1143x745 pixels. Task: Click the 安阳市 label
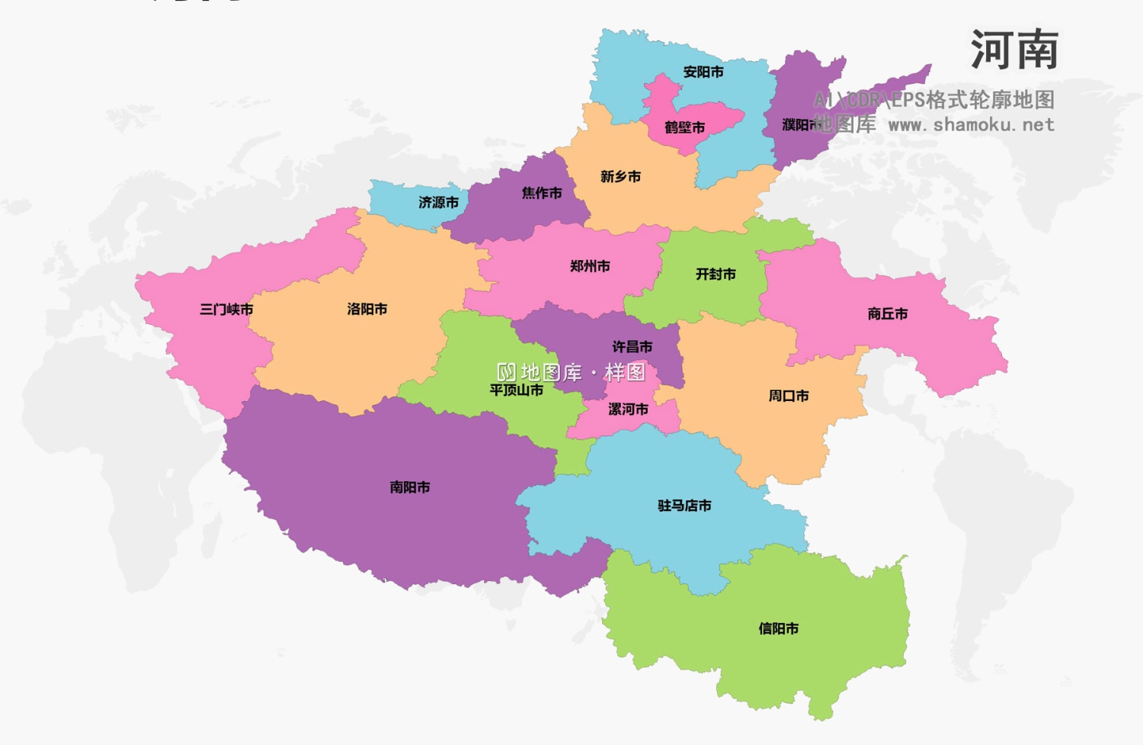[703, 72]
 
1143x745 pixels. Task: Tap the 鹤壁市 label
[684, 127]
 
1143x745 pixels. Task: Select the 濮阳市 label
[801, 124]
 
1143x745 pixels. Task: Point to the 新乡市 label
[620, 177]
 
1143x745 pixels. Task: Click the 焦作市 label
[542, 194]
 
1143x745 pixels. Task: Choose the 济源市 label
[438, 203]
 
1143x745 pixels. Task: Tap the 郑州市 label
[590, 267]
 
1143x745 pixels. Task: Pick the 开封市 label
[716, 275]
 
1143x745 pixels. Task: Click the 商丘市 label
[888, 314]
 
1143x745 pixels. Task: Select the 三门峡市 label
[226, 310]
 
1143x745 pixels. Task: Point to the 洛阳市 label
[367, 310]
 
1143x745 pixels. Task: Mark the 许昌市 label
[632, 347]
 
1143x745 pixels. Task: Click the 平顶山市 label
[516, 390]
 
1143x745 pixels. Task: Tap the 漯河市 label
[628, 409]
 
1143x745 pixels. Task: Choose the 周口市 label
[789, 397]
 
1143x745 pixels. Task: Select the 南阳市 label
[410, 487]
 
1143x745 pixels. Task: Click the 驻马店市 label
[684, 506]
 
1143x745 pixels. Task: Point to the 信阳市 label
[778, 629]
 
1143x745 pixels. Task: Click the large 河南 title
[1014, 50]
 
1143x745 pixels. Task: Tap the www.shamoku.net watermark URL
[972, 125]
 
